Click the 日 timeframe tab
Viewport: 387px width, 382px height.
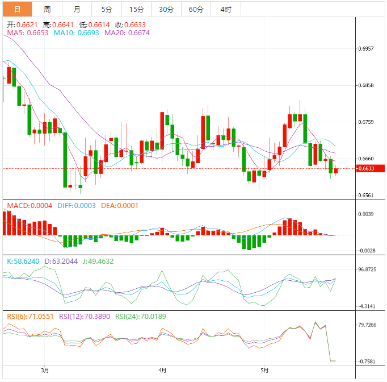[17, 9]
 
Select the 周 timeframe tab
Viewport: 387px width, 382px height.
[47, 9]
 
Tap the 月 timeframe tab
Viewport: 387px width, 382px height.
[77, 9]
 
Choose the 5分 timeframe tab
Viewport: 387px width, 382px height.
[107, 9]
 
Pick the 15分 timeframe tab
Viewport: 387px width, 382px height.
[136, 9]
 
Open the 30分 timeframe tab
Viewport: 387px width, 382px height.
[166, 9]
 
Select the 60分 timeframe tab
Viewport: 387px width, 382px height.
[196, 9]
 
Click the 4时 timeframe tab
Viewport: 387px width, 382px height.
[225, 9]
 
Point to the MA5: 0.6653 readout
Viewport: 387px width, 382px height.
[27, 34]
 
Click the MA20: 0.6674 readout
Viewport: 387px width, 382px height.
[127, 34]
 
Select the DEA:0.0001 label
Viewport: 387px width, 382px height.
[120, 206]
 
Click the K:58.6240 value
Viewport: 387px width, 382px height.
[23, 261]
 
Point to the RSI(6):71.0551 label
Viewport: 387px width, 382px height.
[30, 316]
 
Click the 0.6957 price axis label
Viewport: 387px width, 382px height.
[367, 49]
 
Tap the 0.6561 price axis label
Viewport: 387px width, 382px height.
[367, 196]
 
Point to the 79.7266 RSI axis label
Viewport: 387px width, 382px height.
[368, 325]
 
